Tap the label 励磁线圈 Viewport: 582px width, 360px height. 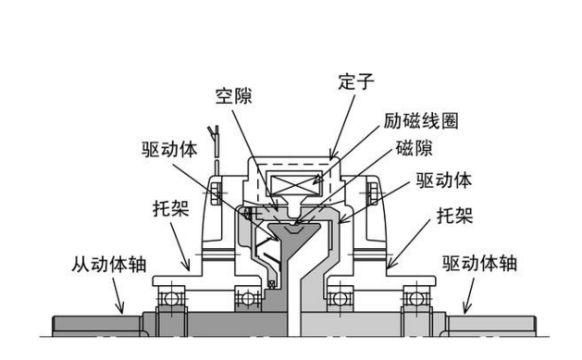[420, 121]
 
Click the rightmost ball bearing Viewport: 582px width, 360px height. [414, 298]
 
